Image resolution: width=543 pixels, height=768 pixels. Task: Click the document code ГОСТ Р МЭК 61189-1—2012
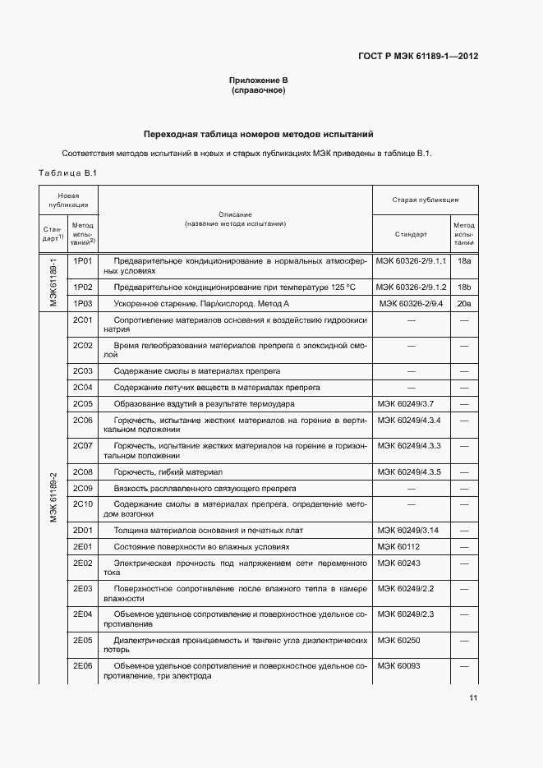click(x=417, y=57)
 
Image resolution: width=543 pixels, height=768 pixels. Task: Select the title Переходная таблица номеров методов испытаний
click(x=258, y=133)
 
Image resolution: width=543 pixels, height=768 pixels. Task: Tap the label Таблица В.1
click(x=68, y=172)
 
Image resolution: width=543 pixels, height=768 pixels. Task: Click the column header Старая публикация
click(x=425, y=200)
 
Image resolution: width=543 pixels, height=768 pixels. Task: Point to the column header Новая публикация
click(x=69, y=200)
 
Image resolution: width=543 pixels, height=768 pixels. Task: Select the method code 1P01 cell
click(x=83, y=260)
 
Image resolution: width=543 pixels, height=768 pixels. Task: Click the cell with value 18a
click(x=464, y=260)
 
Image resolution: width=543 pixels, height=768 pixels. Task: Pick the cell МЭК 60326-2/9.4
click(x=412, y=303)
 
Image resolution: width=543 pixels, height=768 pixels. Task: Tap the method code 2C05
click(x=83, y=404)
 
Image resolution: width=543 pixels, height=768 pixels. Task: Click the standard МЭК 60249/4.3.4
click(x=410, y=420)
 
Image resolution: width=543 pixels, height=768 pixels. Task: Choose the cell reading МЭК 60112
click(x=398, y=546)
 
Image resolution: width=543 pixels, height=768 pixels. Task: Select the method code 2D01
click(x=83, y=531)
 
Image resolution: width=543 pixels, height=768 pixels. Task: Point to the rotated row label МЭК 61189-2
click(x=53, y=498)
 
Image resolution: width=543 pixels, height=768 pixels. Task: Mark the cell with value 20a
click(x=464, y=303)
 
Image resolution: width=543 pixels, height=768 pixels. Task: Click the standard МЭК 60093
click(x=398, y=665)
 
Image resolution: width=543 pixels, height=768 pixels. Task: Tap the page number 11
click(x=473, y=698)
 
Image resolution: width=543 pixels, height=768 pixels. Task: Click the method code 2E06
click(x=83, y=665)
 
